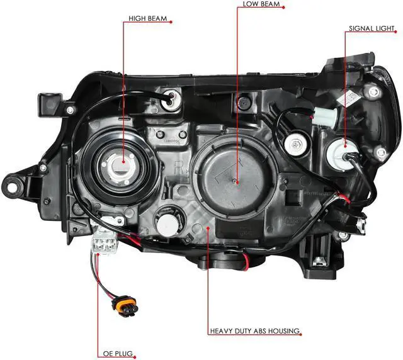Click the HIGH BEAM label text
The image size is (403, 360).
point(148,19)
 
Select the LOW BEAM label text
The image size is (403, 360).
point(260,4)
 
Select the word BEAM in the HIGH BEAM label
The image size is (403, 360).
point(157,19)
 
